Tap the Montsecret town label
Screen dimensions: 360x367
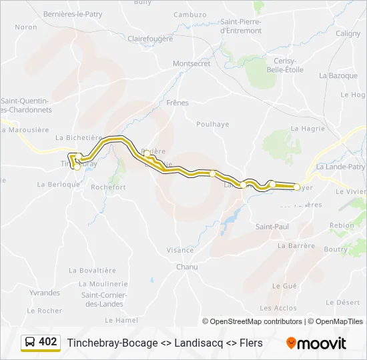coord(192,63)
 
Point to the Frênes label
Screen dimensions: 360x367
coord(178,103)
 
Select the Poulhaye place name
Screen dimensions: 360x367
coord(213,124)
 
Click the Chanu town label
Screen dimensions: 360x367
coord(187,267)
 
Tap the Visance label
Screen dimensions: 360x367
coord(180,250)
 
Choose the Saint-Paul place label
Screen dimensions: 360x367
coord(272,227)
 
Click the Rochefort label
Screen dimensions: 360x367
coord(108,187)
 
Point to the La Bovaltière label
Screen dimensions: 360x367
coord(93,270)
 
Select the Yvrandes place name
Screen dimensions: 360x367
coord(45,293)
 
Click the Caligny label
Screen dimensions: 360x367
coord(348,33)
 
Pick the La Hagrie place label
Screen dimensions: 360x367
coord(308,128)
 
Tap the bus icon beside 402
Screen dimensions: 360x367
coord(30,342)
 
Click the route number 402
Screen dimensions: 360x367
coord(48,342)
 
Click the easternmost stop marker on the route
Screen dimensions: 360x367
coord(298,187)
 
